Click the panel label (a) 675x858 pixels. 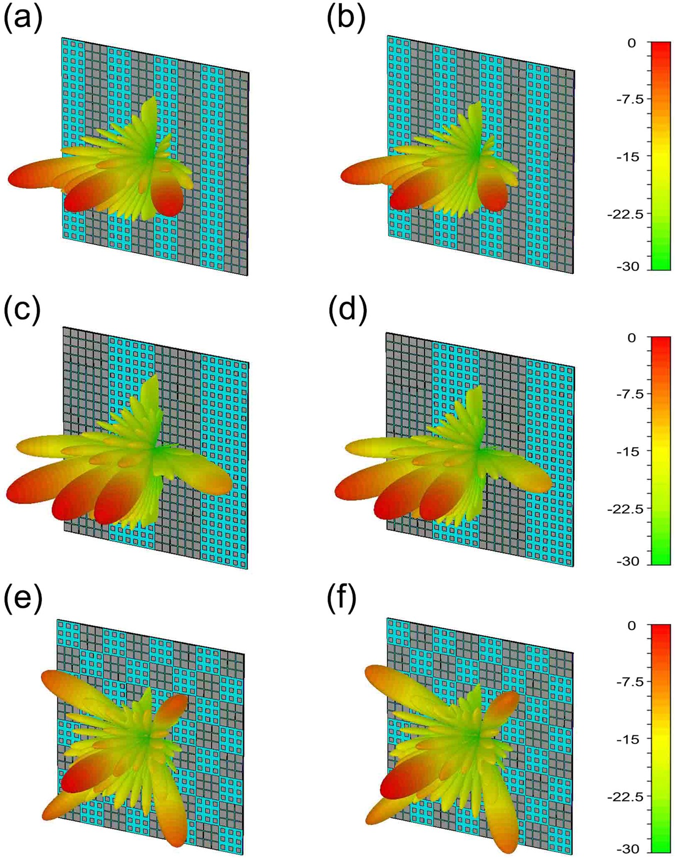(x=23, y=20)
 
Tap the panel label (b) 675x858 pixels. (x=346, y=20)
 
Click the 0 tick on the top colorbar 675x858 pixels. (x=631, y=44)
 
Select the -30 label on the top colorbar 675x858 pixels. (x=627, y=267)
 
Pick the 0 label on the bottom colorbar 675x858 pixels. (x=631, y=626)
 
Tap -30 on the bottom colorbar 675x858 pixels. (x=627, y=849)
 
